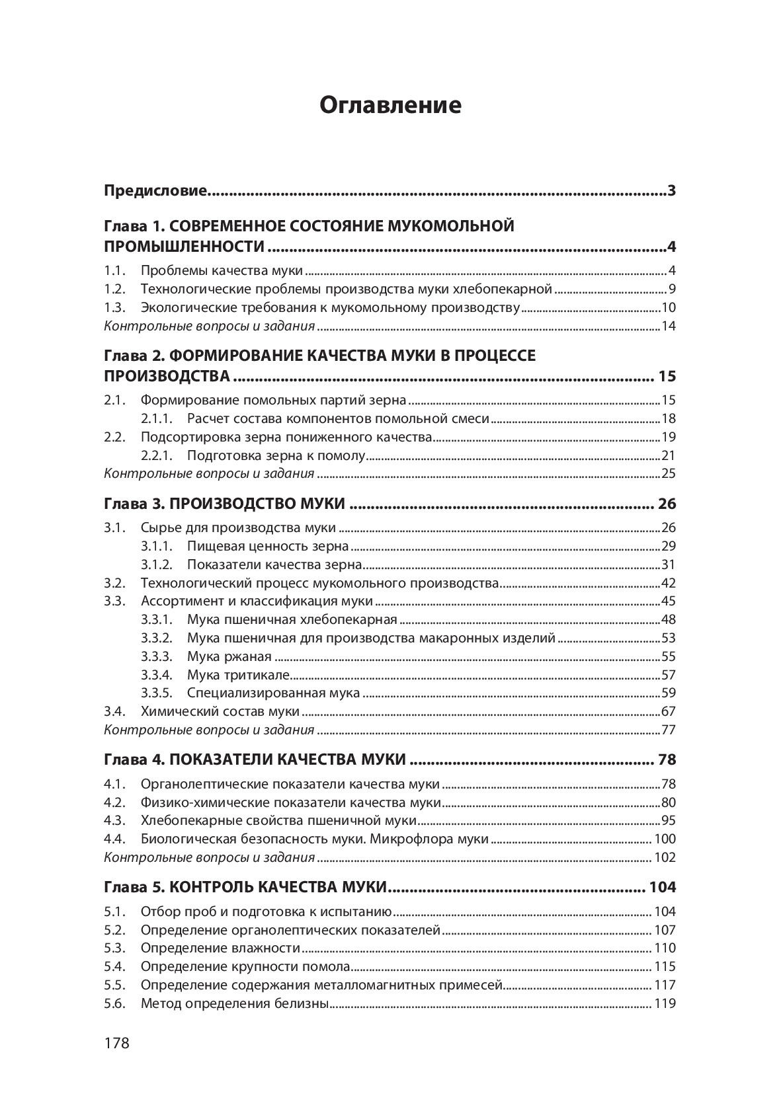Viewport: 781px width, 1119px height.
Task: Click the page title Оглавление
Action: point(390,105)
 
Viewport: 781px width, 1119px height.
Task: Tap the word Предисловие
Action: point(156,192)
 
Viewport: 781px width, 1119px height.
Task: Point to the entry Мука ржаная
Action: point(229,656)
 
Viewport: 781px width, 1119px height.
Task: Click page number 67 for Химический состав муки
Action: point(668,712)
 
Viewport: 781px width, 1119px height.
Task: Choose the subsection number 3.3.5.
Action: point(157,693)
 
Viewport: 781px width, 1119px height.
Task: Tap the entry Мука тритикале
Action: point(238,675)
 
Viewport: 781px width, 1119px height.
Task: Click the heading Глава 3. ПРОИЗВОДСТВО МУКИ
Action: point(224,504)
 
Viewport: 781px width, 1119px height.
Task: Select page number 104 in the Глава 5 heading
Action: point(663,887)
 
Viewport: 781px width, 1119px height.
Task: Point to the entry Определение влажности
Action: point(220,948)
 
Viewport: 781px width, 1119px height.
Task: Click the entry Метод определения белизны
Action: point(235,1004)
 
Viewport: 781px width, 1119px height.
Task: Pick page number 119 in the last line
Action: point(665,1004)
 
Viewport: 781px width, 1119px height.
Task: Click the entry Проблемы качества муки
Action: point(222,270)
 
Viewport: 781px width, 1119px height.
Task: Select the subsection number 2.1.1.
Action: point(157,418)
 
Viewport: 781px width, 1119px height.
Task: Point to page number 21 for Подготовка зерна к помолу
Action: point(668,455)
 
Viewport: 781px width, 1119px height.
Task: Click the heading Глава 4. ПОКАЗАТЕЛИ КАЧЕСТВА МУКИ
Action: point(255,759)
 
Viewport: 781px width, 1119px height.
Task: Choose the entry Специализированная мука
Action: point(273,693)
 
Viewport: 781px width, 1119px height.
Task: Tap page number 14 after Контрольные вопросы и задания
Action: point(668,326)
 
